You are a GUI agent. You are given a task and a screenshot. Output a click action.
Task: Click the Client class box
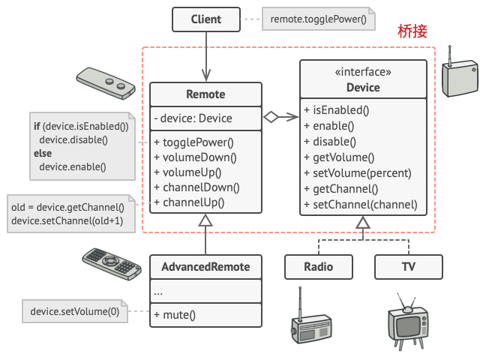point(205,19)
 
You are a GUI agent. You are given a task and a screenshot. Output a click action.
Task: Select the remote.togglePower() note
point(319,19)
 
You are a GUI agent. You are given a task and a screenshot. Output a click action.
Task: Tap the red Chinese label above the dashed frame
point(412,31)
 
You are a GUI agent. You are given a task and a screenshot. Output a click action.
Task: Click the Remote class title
point(205,94)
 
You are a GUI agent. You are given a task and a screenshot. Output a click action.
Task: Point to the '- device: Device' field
point(193,118)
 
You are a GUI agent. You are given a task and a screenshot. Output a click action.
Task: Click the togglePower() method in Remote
point(193,142)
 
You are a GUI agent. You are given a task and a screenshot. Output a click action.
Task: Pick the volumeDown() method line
point(195,157)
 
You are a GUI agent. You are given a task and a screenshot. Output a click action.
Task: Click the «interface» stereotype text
point(363,73)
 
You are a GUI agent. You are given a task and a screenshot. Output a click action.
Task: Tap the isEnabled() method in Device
point(337,110)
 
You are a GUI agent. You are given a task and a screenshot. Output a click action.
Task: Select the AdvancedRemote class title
point(205,267)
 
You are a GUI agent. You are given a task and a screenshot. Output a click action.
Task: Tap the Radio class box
point(319,267)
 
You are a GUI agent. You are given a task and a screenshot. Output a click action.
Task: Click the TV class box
point(409,267)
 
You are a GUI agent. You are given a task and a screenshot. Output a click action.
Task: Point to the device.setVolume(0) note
point(74,311)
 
